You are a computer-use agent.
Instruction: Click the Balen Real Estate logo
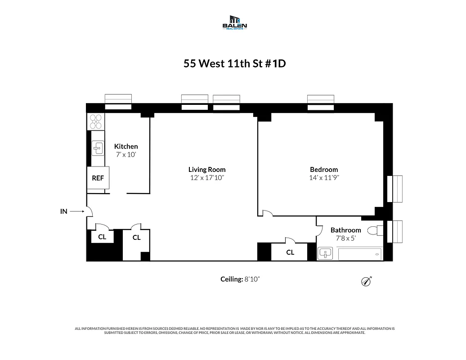[235, 22]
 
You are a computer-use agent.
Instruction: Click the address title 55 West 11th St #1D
[234, 63]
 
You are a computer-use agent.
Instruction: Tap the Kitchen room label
[126, 146]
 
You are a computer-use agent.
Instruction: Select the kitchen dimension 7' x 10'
[126, 154]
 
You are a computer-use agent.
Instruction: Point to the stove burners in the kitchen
[96, 121]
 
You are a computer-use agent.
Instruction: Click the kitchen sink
[98, 148]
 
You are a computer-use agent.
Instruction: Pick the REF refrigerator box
[98, 178]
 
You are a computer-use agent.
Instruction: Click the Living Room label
[206, 170]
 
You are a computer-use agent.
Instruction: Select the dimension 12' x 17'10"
[206, 178]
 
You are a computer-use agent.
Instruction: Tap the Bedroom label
[323, 170]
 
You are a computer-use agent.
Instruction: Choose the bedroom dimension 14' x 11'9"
[323, 178]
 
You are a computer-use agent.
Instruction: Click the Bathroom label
[345, 230]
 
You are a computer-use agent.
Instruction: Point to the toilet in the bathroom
[373, 231]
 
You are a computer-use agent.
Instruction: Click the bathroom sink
[325, 253]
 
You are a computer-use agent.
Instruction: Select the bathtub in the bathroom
[359, 254]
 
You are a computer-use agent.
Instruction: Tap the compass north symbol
[366, 282]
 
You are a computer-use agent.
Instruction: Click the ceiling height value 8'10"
[252, 279]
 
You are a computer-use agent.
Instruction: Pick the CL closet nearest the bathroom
[290, 252]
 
